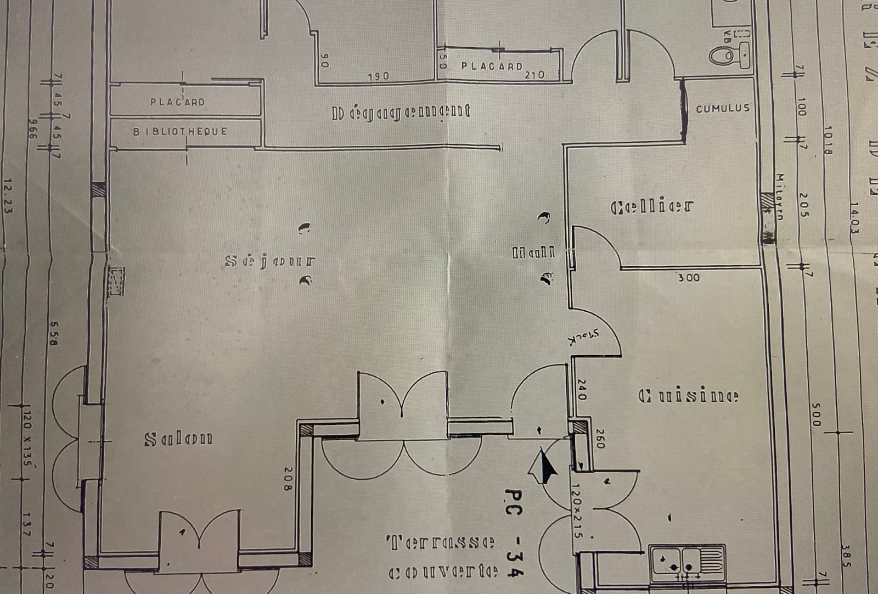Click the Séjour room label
click(270, 261)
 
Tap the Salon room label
click(178, 439)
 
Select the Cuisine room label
click(689, 396)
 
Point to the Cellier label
click(652, 206)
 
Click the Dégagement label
click(402, 112)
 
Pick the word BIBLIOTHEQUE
click(180, 132)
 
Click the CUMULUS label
click(723, 108)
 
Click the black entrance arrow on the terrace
click(544, 466)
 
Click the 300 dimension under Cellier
click(688, 278)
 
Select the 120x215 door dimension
click(576, 511)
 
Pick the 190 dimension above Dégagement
click(378, 76)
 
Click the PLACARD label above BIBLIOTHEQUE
click(177, 102)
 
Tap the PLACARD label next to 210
click(492, 66)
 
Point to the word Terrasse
click(440, 543)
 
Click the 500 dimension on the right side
click(815, 415)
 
